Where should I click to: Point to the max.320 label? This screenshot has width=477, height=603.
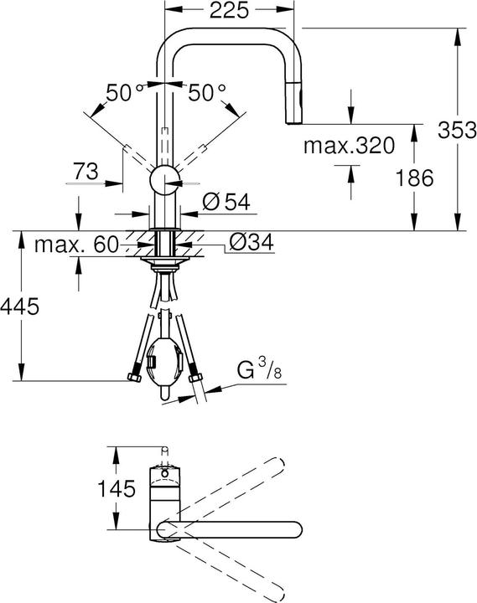click(348, 147)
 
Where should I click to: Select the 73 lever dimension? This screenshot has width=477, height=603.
click(86, 172)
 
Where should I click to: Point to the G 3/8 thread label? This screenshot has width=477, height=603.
click(257, 369)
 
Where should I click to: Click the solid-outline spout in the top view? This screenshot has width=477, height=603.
click(235, 528)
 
